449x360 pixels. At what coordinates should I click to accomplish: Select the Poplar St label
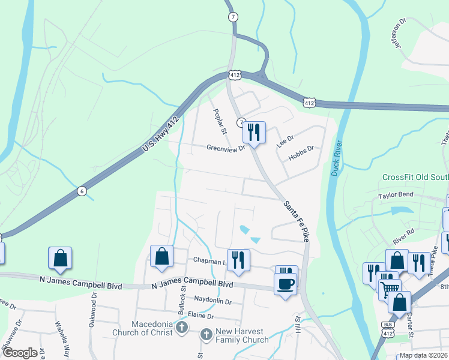(220, 122)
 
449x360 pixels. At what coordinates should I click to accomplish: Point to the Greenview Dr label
(226, 148)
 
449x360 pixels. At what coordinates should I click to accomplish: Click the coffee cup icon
(286, 283)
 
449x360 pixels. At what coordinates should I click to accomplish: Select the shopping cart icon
(390, 289)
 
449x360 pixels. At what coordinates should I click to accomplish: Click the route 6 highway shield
(82, 191)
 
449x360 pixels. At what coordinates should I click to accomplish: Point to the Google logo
(20, 353)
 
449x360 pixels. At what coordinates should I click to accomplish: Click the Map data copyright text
(423, 355)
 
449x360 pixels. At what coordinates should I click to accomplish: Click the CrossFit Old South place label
(415, 178)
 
